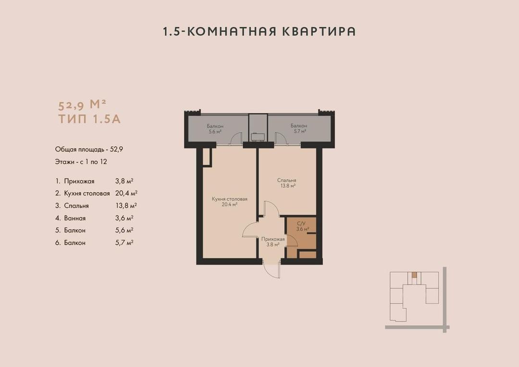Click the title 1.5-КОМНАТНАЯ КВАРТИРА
coord(259,31)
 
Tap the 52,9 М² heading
coord(82,105)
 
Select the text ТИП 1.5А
coord(89,119)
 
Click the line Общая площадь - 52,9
coord(89,149)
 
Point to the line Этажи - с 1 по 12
coord(81,162)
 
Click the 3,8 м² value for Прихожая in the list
coord(124,181)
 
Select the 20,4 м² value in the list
coord(126,193)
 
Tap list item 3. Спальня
coord(72,206)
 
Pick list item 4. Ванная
coord(71,218)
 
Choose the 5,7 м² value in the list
coord(124,243)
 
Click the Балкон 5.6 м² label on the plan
coord(215,129)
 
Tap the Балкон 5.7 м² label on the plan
coord(299,128)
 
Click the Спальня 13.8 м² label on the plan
coord(286,183)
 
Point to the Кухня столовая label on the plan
coord(230,199)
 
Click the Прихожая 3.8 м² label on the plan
coord(273,242)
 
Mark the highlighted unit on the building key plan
coord(414,275)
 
